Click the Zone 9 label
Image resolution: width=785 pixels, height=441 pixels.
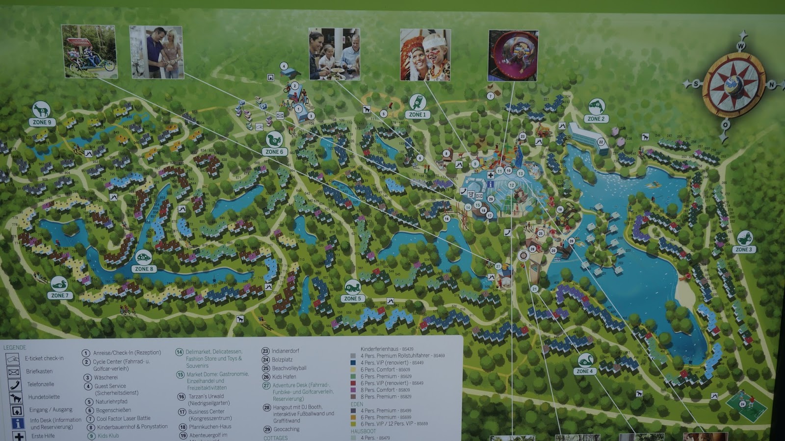click(42, 122)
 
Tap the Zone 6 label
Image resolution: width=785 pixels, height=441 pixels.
click(274, 152)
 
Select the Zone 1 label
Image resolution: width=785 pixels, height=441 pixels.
click(417, 114)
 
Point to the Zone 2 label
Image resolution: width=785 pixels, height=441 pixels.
click(596, 119)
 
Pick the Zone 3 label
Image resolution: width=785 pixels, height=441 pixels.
click(743, 249)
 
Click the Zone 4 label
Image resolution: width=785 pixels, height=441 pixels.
click(584, 371)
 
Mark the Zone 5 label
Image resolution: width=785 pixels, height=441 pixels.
click(352, 298)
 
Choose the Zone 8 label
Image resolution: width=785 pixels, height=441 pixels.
click(144, 269)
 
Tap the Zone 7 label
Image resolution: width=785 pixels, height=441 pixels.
click(59, 295)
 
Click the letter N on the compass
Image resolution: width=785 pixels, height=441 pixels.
click(772, 85)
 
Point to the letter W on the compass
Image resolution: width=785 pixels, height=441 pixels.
click(741, 46)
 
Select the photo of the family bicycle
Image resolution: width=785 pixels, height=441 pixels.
click(89, 51)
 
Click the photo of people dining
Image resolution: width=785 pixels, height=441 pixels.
click(334, 54)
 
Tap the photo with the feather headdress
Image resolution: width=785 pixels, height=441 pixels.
click(425, 55)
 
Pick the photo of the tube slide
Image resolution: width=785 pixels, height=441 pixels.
click(513, 55)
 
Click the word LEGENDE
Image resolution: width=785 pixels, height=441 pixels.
click(15, 348)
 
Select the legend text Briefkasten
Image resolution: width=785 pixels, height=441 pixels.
click(39, 371)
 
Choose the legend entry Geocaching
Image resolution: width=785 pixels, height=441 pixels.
click(286, 429)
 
